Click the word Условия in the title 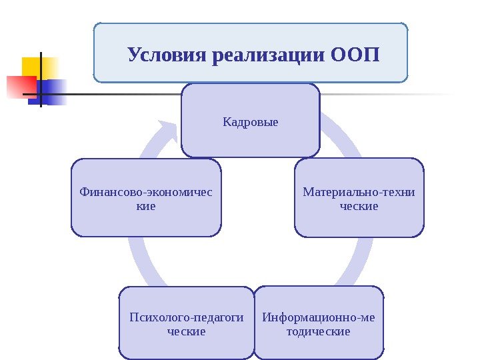(166, 53)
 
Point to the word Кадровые (250, 123)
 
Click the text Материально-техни (359, 192)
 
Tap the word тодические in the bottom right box (318, 331)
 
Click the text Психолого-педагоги (187, 317)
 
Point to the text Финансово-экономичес (146, 192)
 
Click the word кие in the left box (146, 207)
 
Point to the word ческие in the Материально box (359, 207)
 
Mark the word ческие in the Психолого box (187, 331)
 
